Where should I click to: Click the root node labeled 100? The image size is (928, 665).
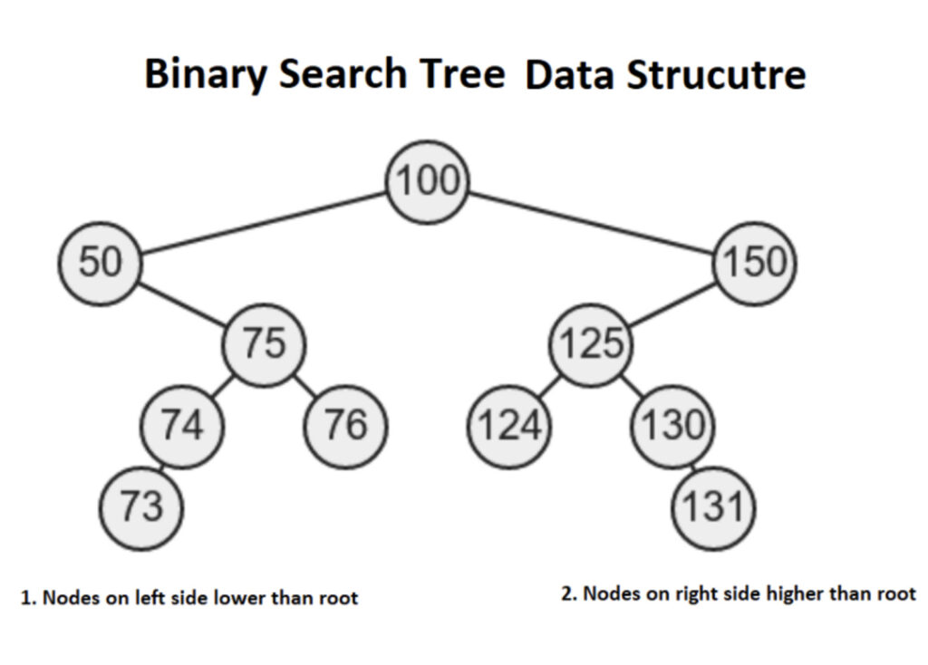pyautogui.click(x=428, y=181)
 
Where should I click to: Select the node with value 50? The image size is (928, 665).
pyautogui.click(x=100, y=264)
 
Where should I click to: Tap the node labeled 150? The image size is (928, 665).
pyautogui.click(x=755, y=264)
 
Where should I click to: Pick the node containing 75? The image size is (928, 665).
pyautogui.click(x=264, y=345)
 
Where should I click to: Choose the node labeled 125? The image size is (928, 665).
pyautogui.click(x=591, y=345)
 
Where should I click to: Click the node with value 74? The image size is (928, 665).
pyautogui.click(x=182, y=427)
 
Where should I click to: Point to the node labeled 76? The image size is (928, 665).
pyautogui.click(x=345, y=427)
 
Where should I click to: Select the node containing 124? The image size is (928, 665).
pyautogui.click(x=509, y=427)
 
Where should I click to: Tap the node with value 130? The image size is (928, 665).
pyautogui.click(x=673, y=427)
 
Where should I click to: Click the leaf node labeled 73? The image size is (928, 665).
pyautogui.click(x=140, y=508)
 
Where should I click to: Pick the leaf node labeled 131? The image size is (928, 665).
pyautogui.click(x=714, y=508)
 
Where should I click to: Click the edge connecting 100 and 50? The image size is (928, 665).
pyautogui.click(x=264, y=223)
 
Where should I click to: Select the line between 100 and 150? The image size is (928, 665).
pyautogui.click(x=591, y=223)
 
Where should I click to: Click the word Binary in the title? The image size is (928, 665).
pyautogui.click(x=206, y=75)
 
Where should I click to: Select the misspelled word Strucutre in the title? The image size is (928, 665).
pyautogui.click(x=716, y=75)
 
